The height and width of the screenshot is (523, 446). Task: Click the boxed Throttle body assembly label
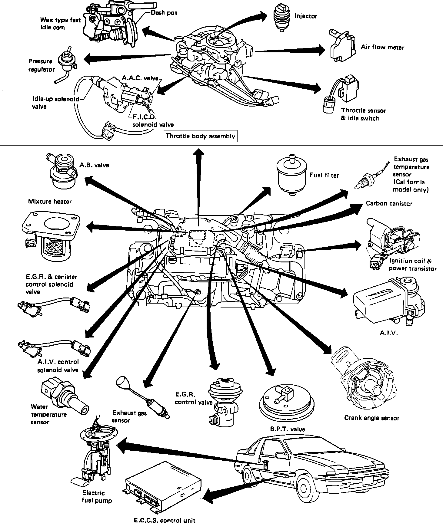coord(200,136)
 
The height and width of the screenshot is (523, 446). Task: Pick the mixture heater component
coord(50,234)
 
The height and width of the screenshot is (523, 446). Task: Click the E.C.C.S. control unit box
coord(164,487)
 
